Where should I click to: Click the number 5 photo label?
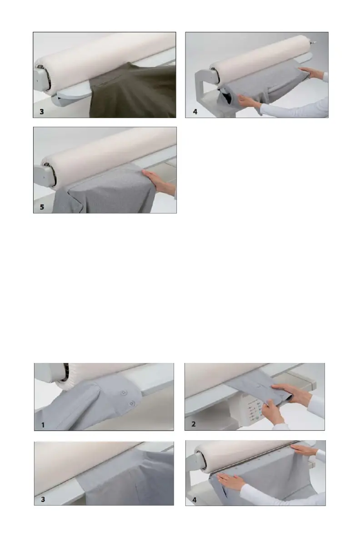click(x=42, y=207)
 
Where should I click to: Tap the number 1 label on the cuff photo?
click(x=43, y=425)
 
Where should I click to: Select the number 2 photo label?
click(x=194, y=424)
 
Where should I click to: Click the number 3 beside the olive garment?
click(x=42, y=112)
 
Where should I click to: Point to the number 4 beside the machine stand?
click(x=195, y=112)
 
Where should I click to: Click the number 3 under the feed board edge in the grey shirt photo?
click(x=43, y=499)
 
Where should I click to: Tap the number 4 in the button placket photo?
click(x=194, y=500)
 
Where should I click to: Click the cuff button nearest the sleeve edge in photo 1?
click(x=132, y=404)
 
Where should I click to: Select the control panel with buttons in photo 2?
click(x=254, y=410)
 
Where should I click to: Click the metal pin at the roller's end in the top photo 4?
click(x=313, y=42)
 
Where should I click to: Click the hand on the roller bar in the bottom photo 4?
click(x=305, y=450)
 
